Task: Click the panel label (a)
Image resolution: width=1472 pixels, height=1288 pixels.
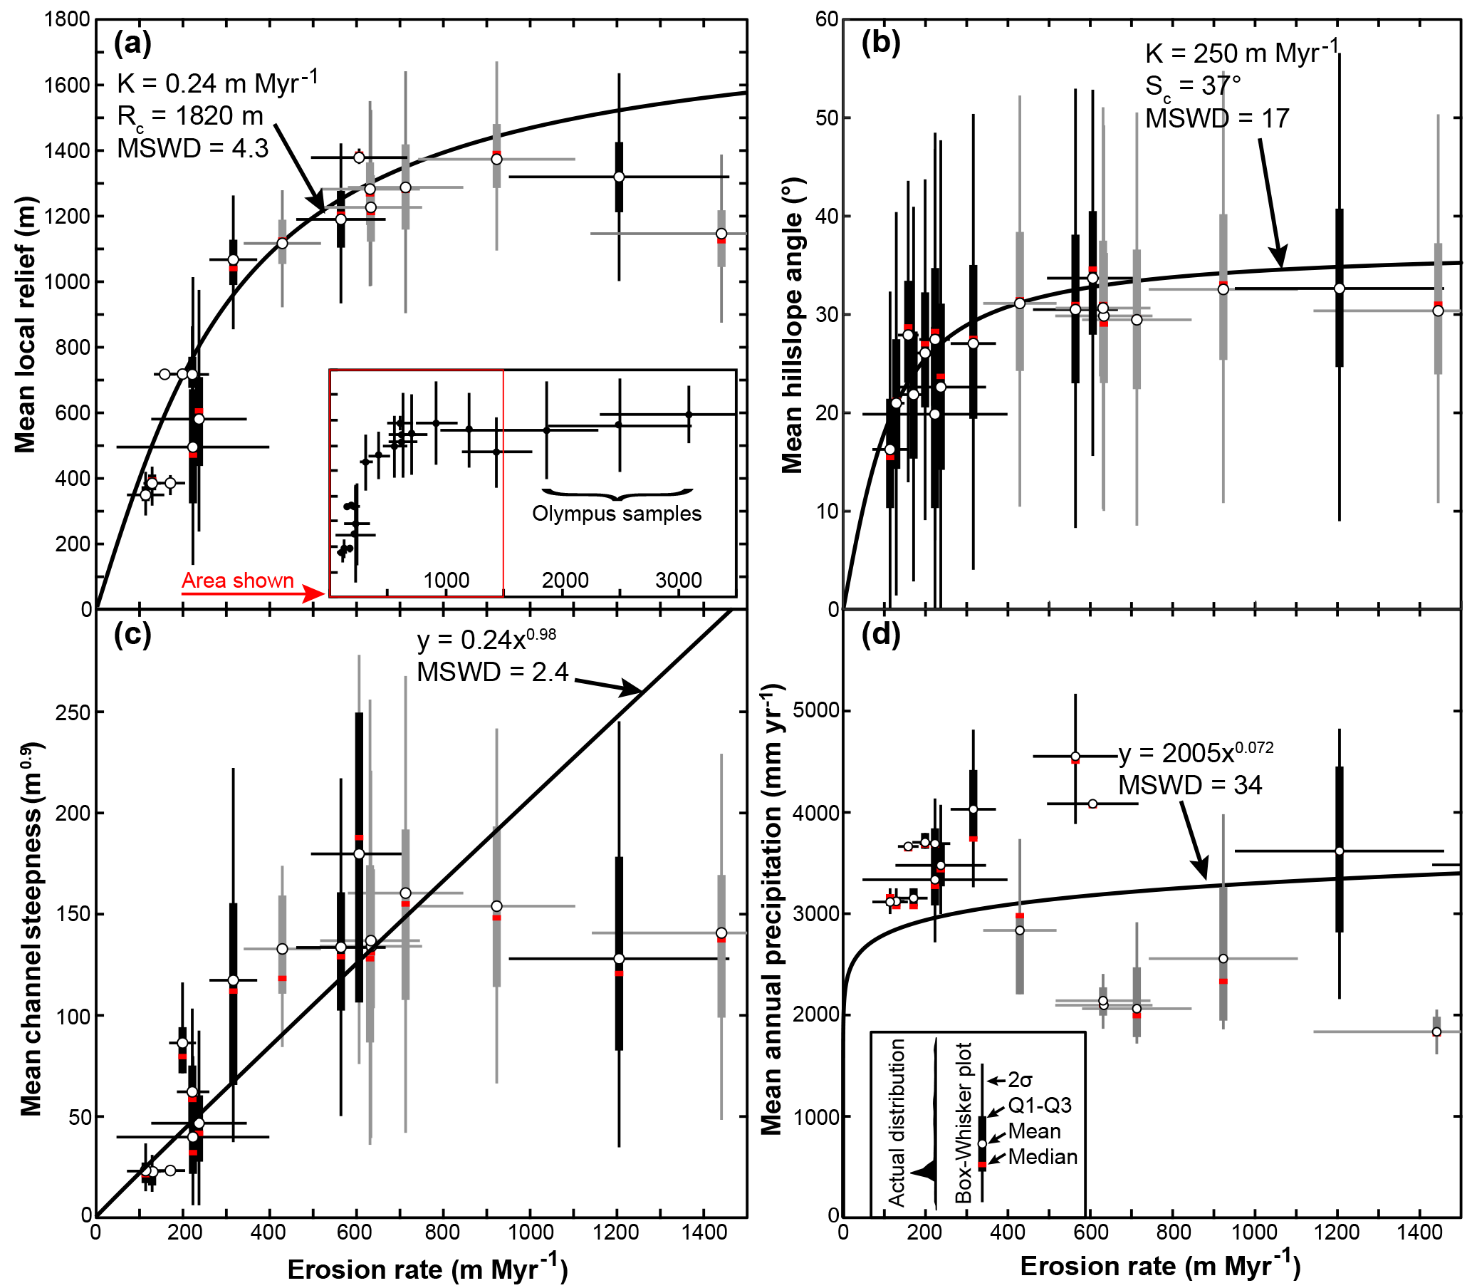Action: coord(133,45)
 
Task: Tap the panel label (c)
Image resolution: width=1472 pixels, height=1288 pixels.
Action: coord(133,635)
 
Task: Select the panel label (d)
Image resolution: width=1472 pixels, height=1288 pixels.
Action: coord(881,635)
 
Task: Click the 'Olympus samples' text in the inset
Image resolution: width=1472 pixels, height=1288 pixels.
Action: coord(617,514)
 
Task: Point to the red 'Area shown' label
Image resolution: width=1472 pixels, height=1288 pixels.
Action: coord(238,581)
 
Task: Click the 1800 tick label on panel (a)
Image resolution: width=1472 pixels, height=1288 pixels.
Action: coord(68,19)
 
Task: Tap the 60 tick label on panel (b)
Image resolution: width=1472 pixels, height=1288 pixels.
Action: coord(827,19)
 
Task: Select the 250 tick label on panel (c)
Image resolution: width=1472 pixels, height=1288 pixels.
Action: coord(73,712)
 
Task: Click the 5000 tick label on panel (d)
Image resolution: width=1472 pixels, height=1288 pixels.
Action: coord(815,711)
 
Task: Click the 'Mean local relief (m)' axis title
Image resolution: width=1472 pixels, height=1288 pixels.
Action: coord(26,324)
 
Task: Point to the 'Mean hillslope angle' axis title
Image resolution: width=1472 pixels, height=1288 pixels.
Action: coord(792,325)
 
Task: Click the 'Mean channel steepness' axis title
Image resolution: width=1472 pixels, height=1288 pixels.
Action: coord(31,928)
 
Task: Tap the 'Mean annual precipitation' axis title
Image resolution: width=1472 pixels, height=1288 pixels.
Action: coord(771,913)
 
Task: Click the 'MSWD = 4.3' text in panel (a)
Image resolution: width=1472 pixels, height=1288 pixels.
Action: coord(192,149)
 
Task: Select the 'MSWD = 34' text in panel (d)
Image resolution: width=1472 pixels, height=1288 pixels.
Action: coord(1190,785)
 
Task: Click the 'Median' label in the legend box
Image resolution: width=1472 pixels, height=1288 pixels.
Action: coord(1043,1156)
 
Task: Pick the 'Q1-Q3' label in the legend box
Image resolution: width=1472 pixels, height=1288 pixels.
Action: coord(1040,1105)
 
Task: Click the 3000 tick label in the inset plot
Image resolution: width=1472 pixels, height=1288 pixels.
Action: coord(678,580)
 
